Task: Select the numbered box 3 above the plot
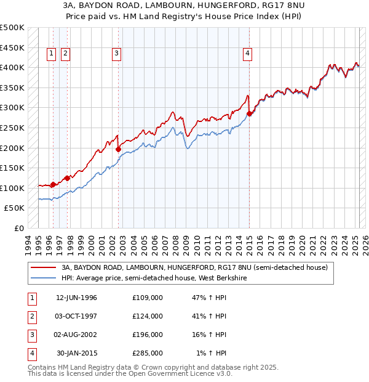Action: (x=116, y=54)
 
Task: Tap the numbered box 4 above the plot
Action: (x=247, y=54)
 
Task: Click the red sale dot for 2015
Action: (x=250, y=114)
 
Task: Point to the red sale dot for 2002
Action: (x=118, y=149)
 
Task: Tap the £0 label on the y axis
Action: (x=18, y=228)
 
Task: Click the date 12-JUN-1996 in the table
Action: (x=76, y=298)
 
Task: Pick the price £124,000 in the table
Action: (x=148, y=316)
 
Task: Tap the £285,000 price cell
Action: (x=148, y=353)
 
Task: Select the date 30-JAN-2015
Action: (x=77, y=353)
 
